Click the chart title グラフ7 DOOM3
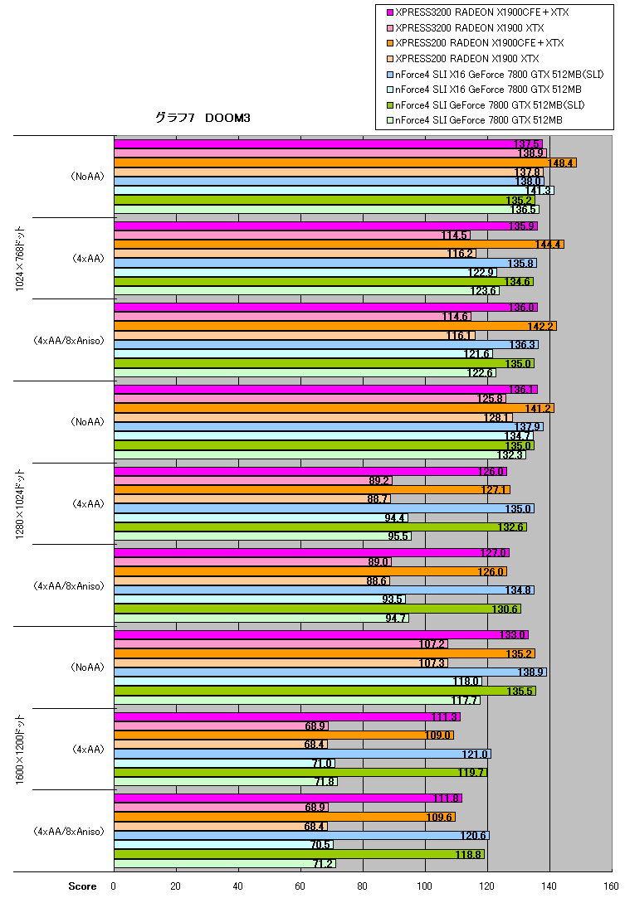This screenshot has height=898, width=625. [x=203, y=118]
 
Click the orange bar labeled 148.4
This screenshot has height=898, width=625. [x=345, y=163]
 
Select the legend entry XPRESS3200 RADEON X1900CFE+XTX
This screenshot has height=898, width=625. [x=477, y=12]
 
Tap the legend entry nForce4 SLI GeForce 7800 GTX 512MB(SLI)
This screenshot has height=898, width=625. [x=485, y=104]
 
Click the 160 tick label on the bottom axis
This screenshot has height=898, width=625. [x=611, y=886]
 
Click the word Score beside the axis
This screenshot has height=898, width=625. [x=82, y=886]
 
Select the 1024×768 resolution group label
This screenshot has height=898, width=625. [x=20, y=259]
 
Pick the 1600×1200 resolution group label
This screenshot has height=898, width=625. [x=20, y=749]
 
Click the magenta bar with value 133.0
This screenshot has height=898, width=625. [x=321, y=634]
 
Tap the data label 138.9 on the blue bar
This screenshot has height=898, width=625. [x=530, y=672]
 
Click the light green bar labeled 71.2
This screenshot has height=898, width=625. [x=225, y=863]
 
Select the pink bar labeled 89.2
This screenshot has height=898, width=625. [x=253, y=480]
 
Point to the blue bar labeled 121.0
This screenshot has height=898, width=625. [x=302, y=754]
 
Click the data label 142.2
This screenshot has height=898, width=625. [x=540, y=326]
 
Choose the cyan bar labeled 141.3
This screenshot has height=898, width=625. [x=334, y=190]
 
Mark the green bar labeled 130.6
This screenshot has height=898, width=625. [x=317, y=609]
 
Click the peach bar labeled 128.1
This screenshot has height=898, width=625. [x=313, y=418]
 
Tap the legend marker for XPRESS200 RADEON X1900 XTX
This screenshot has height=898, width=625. [x=390, y=58]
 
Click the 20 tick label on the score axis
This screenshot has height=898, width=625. [x=175, y=886]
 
